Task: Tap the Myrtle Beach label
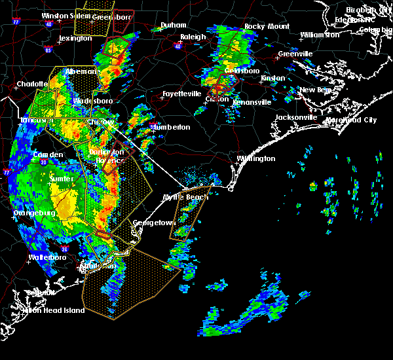185,197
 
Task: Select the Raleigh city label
194,38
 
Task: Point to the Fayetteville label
181,94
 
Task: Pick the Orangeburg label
33,213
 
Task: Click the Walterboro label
48,257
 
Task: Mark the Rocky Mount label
258,26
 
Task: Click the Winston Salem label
65,16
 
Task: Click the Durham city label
174,26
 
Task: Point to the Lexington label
75,38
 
